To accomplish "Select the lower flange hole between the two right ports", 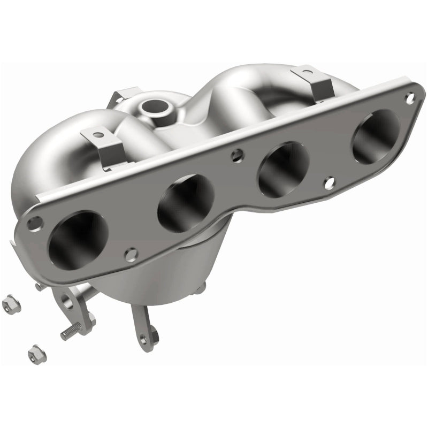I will coord(330,182).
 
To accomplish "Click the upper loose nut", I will coord(9,305).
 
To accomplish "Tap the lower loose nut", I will coord(35,351).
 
